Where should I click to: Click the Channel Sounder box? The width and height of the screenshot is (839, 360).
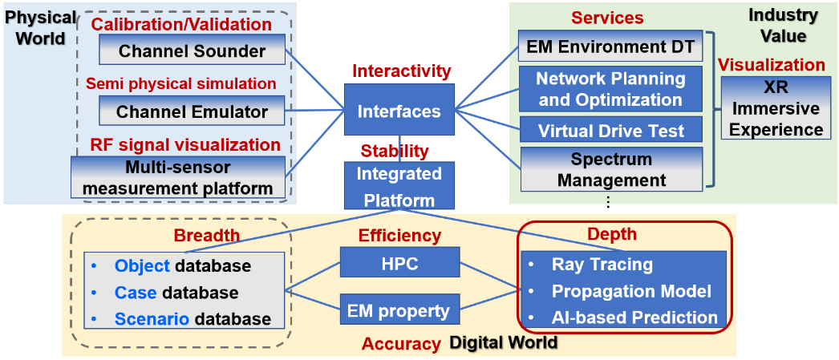tap(192, 51)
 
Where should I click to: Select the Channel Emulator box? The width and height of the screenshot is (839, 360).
tap(192, 111)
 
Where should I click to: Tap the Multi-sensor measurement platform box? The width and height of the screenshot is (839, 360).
tap(178, 178)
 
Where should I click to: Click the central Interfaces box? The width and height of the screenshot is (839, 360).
tap(398, 111)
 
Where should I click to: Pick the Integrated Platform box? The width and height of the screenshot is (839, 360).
tap(399, 187)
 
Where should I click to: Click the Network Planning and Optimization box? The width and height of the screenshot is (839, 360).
tap(610, 89)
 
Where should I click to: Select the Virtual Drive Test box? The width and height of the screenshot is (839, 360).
tap(610, 130)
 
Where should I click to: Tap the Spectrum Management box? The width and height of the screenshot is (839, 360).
tap(610, 169)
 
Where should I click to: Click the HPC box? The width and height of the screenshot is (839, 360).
tap(400, 262)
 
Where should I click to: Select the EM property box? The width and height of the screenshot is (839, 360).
tap(400, 309)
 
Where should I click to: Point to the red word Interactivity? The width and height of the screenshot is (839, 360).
tap(402, 71)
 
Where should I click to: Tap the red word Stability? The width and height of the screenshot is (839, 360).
tap(394, 151)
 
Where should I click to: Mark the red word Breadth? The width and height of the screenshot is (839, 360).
tap(207, 235)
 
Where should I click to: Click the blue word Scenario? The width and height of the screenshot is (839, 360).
tap(152, 318)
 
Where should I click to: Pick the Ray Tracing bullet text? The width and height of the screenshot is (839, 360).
tap(602, 265)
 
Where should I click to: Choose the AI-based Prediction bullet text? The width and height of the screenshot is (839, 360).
tap(634, 317)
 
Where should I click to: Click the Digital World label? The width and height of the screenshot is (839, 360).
tap(503, 343)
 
